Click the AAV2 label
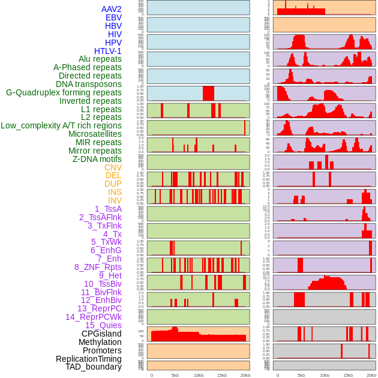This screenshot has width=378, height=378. (111, 9)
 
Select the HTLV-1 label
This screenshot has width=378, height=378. (107, 51)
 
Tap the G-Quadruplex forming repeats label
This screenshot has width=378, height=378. (64, 92)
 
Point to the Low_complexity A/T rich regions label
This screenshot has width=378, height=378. (61, 125)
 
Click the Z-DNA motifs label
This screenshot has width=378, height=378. (97, 159)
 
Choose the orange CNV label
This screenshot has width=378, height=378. (113, 167)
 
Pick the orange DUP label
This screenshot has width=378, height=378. (113, 184)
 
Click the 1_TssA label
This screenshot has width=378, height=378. (108, 209)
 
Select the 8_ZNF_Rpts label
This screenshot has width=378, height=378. (98, 267)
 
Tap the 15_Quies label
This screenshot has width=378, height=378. (103, 325)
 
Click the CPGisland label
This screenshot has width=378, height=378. (101, 334)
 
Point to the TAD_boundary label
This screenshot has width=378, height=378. (94, 367)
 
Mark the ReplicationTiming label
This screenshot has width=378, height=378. (89, 359)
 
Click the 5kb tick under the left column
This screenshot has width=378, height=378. (175, 375)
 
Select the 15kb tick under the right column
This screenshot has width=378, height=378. (347, 375)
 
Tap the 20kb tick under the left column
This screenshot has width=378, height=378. (245, 375)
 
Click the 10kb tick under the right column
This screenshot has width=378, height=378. (324, 375)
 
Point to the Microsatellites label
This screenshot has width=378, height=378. (95, 134)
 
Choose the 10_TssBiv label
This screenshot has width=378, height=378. (103, 284)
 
